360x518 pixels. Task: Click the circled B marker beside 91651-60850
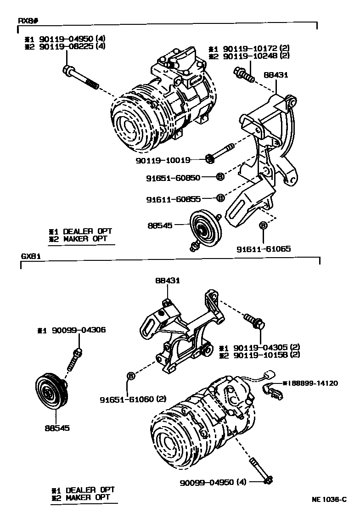pos(220,176)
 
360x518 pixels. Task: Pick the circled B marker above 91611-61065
pos(263,225)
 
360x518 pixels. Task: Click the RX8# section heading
pos(28,21)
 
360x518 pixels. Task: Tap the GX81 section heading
pos(31,256)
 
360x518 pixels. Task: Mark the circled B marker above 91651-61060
pos(130,376)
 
